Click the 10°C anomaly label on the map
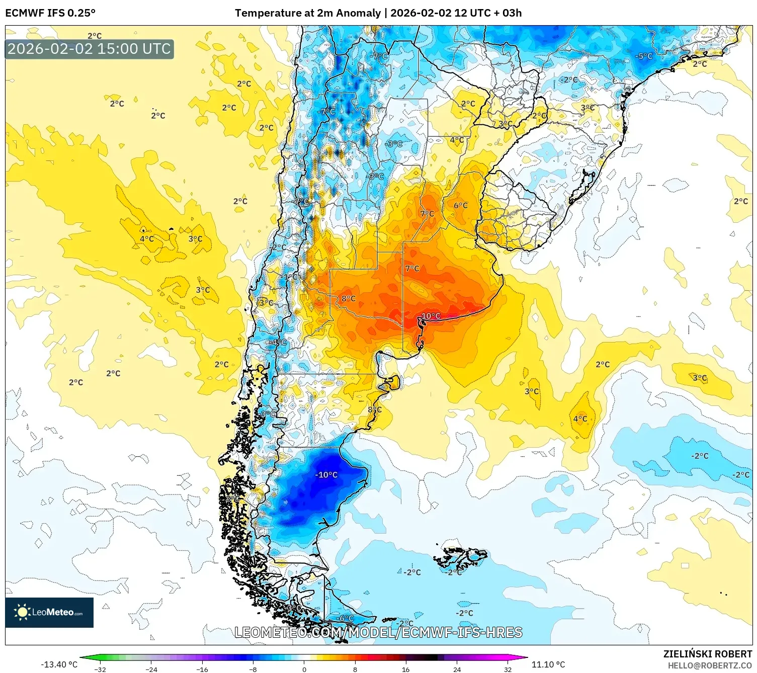tap(431, 316)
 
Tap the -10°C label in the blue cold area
tap(326, 475)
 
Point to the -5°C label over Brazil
tap(644, 56)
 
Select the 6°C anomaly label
tap(460, 205)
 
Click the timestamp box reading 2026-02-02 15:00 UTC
tap(90, 49)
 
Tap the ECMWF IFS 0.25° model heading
tap(50, 13)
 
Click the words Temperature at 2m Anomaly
tap(307, 13)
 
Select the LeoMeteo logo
tap(49, 612)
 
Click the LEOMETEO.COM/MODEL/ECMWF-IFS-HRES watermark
tap(378, 632)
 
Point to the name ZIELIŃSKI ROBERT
tap(707, 654)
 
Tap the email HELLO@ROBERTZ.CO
tap(709, 665)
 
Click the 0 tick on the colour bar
tap(304, 669)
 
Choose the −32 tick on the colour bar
tap(100, 669)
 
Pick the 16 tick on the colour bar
tap(405, 669)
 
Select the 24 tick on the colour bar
tap(457, 669)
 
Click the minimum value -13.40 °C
tap(59, 664)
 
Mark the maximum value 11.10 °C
tap(548, 664)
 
